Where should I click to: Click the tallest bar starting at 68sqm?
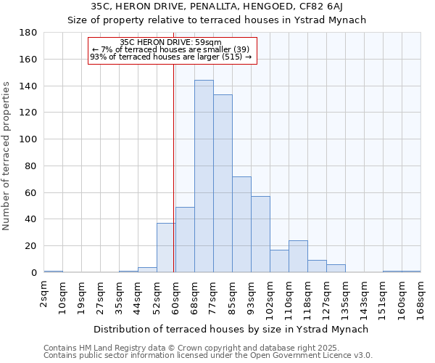click(204, 176)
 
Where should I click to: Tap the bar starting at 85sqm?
click(241, 224)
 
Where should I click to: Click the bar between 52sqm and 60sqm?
click(166, 248)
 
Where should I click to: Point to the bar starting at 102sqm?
click(279, 261)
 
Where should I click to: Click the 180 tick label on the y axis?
click(28, 33)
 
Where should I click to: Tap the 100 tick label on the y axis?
click(28, 139)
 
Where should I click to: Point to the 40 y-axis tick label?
click(31, 219)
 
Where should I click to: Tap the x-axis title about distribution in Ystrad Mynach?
click(231, 329)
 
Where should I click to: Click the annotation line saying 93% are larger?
click(170, 57)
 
